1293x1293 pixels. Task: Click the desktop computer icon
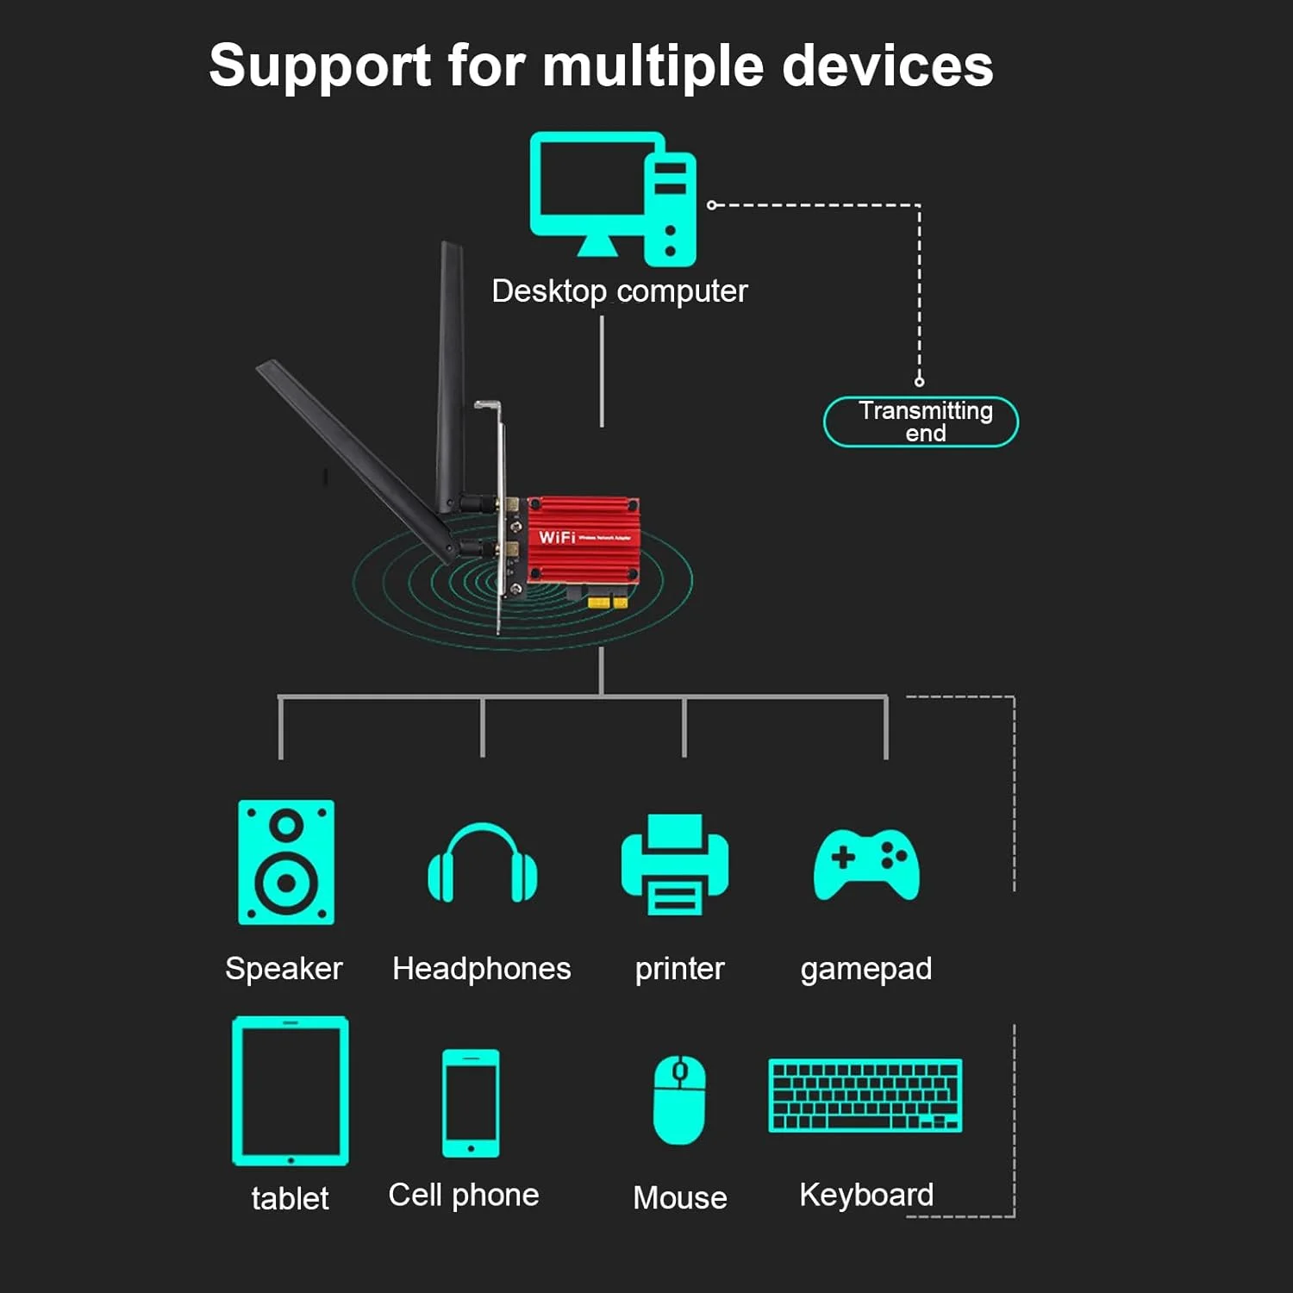[x=612, y=198]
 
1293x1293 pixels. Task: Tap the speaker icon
[x=285, y=862]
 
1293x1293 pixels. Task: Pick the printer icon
[x=675, y=864]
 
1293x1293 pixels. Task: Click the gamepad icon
[x=866, y=864]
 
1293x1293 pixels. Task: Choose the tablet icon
[x=290, y=1090]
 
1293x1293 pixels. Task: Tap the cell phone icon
[x=471, y=1102]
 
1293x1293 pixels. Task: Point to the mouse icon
[x=679, y=1099]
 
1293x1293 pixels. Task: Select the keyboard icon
[x=865, y=1095]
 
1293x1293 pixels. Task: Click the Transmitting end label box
[x=921, y=422]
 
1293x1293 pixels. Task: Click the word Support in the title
[x=320, y=66]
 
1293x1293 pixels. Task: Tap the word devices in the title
[x=887, y=66]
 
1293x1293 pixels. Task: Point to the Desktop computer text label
[x=619, y=291]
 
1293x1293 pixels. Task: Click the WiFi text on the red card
[x=557, y=537]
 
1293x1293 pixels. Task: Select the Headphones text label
[x=481, y=969]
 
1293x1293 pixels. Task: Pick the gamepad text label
[x=865, y=969]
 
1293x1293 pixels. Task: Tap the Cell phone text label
[x=464, y=1196]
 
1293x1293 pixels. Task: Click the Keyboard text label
[x=865, y=1195]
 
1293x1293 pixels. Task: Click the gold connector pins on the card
[x=608, y=601]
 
